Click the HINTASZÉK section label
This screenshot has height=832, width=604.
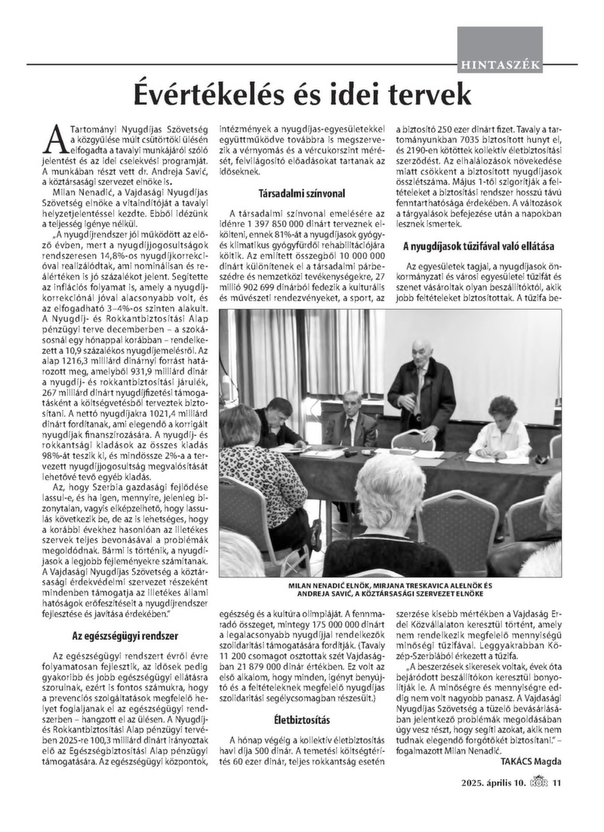499,64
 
